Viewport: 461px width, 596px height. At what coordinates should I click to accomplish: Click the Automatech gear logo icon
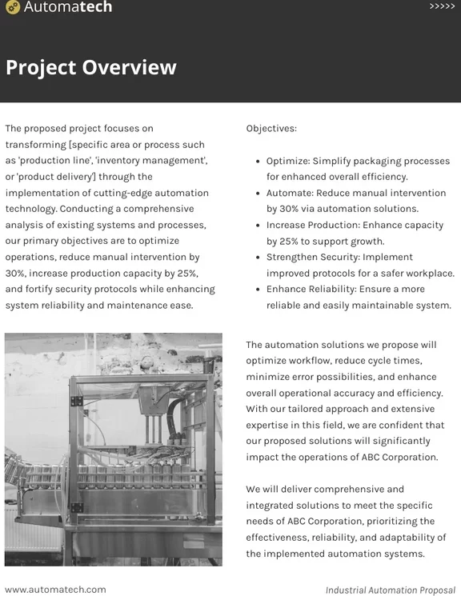point(12,8)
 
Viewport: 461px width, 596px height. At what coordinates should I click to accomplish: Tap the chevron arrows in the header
point(442,6)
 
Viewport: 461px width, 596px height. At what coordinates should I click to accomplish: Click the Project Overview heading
point(90,67)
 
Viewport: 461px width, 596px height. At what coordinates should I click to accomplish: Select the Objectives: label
point(271,128)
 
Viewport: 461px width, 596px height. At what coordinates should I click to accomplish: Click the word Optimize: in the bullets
point(288,161)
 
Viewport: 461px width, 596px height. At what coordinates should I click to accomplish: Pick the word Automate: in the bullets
point(290,193)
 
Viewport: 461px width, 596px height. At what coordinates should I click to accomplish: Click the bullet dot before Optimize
point(255,161)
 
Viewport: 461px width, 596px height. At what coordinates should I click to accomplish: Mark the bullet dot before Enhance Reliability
point(255,289)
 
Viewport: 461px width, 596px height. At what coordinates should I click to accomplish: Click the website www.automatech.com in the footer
point(55,590)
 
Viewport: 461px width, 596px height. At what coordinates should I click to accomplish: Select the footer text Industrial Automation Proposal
point(391,590)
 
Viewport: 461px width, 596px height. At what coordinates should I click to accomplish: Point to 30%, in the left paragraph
point(16,273)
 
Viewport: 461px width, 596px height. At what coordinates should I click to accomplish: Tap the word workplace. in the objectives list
point(429,273)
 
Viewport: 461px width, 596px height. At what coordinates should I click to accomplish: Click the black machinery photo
point(114,450)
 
